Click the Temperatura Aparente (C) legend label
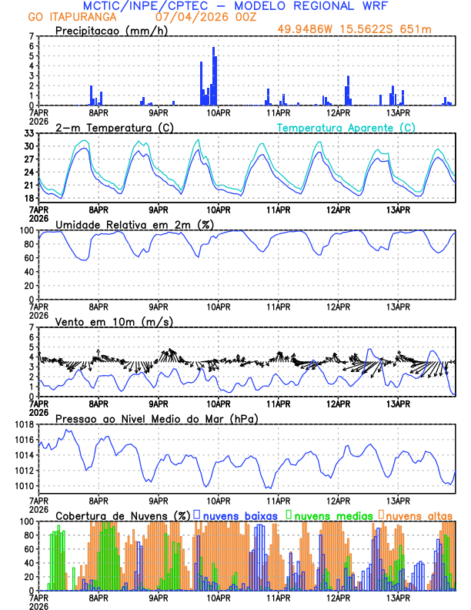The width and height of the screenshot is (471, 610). click(346, 127)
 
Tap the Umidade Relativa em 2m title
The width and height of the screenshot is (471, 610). click(127, 224)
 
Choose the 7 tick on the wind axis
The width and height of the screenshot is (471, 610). click(32, 327)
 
